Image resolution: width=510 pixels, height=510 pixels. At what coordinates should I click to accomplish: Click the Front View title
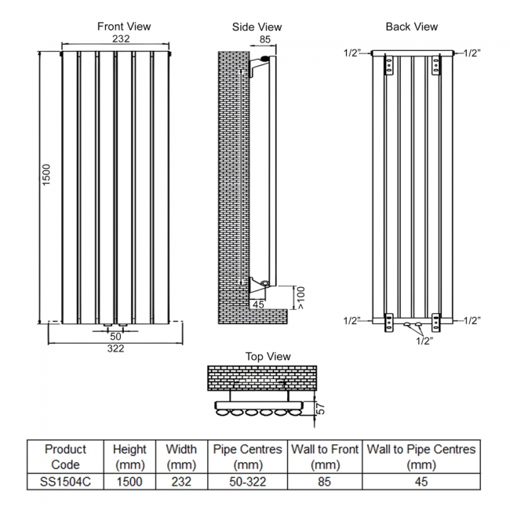pyautogui.click(x=124, y=26)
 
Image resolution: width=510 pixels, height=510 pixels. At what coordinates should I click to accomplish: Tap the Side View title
pyautogui.click(x=257, y=27)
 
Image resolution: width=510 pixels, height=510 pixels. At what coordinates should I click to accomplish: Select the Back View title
pyautogui.click(x=411, y=27)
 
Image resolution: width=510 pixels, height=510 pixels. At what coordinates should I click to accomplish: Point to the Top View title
pyautogui.click(x=268, y=356)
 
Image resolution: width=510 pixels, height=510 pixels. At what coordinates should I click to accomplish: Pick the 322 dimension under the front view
pyautogui.click(x=115, y=348)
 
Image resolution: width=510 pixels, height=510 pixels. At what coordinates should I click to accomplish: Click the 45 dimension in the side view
pyautogui.click(x=259, y=304)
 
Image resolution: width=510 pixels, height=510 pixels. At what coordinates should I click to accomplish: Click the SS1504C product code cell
pyautogui.click(x=65, y=481)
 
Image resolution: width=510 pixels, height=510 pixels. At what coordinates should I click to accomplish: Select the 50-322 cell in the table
pyautogui.click(x=247, y=481)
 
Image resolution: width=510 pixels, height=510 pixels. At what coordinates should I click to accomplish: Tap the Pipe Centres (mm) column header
pyautogui.click(x=247, y=457)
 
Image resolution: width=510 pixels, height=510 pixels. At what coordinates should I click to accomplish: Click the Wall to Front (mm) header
pyautogui.click(x=323, y=457)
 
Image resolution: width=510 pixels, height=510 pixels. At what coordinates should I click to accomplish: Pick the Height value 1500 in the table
pyautogui.click(x=129, y=481)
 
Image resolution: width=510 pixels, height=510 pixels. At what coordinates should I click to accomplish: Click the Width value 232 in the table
pyautogui.click(x=181, y=481)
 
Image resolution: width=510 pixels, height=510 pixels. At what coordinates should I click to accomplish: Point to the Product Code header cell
pyautogui.click(x=65, y=457)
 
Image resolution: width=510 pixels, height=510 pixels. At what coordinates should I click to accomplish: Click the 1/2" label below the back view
pyautogui.click(x=423, y=341)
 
